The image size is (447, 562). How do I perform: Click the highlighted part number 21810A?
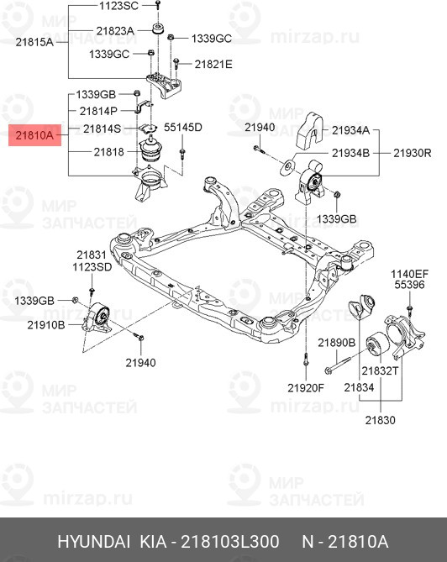[34, 134]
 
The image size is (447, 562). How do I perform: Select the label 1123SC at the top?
[119, 5]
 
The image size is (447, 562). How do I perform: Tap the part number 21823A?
[114, 31]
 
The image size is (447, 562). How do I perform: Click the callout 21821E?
[213, 64]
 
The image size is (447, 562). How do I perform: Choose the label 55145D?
[182, 128]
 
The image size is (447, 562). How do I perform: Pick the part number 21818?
[108, 152]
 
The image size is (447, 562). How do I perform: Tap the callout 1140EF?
[409, 274]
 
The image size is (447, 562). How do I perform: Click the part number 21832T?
[381, 370]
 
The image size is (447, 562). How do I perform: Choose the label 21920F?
[306, 387]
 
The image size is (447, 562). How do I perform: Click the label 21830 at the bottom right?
[380, 421]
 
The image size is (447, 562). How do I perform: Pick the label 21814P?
[100, 110]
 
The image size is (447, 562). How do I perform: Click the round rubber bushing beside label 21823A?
[156, 30]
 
